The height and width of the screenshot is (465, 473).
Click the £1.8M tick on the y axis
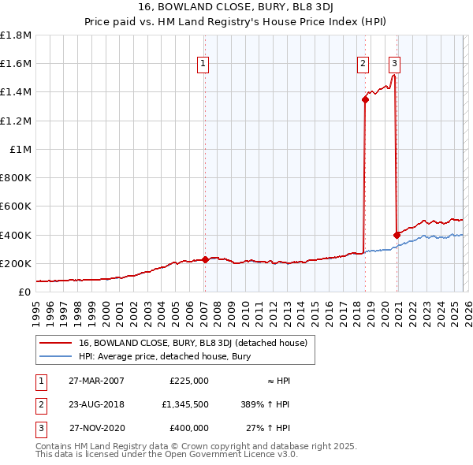pos(17,35)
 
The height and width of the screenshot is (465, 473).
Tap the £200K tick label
pos(17,263)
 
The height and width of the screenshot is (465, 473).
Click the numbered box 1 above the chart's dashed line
pos(203,64)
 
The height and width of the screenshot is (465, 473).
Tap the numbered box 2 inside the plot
pos(363,64)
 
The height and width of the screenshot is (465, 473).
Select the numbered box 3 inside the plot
pos(394,64)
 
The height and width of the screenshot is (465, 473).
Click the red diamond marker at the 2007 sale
pos(204,259)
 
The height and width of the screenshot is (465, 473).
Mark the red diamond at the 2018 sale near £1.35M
pos(365,99)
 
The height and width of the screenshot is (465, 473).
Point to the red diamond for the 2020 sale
pos(397,234)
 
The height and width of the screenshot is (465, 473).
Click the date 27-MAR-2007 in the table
pos(96,381)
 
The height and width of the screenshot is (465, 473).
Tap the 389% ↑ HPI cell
pos(260,404)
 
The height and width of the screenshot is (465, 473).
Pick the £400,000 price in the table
pos(189,428)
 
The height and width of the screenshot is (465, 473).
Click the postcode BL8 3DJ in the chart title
pos(307,9)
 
